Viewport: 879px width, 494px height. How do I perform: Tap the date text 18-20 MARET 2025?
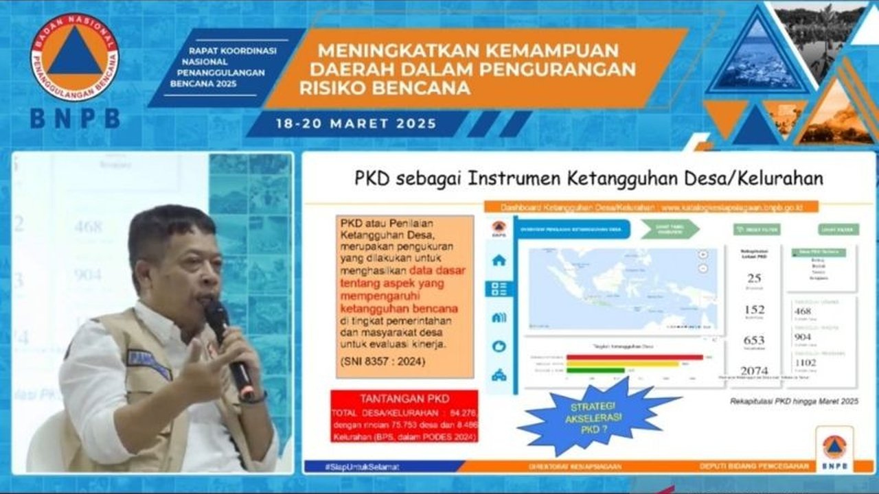[x=356, y=124]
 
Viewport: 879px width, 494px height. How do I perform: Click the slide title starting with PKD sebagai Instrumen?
[x=588, y=178]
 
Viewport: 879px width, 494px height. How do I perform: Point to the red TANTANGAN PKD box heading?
[x=404, y=398]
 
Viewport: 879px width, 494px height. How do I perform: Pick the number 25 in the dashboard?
[x=754, y=278]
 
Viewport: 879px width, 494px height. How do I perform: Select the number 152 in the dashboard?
[x=754, y=309]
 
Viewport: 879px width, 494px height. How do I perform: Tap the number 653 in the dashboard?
[x=754, y=340]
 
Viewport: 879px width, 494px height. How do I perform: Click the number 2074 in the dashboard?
[x=754, y=370]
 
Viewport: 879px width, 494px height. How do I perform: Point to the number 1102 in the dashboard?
[x=805, y=362]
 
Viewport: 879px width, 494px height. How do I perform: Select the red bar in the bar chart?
[x=635, y=357]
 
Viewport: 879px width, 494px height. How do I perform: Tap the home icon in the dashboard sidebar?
[x=499, y=260]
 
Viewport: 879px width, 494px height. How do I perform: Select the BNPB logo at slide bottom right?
[x=834, y=449]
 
